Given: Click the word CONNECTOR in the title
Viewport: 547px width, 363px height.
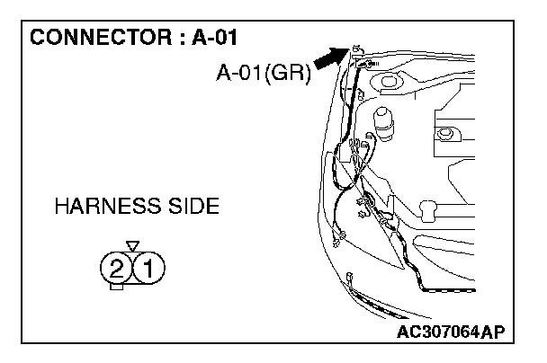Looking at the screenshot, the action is tap(85, 40).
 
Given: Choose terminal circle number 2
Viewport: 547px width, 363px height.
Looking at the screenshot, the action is tap(116, 267).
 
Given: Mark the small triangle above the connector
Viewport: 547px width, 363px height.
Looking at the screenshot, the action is tap(133, 244).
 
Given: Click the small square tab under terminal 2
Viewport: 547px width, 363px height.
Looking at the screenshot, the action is tap(116, 287).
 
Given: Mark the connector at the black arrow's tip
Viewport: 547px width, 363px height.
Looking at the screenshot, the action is tap(356, 50).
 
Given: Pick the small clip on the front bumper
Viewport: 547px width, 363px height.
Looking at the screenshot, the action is tap(348, 279).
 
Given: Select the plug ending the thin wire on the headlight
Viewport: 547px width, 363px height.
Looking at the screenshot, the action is tap(336, 239).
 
